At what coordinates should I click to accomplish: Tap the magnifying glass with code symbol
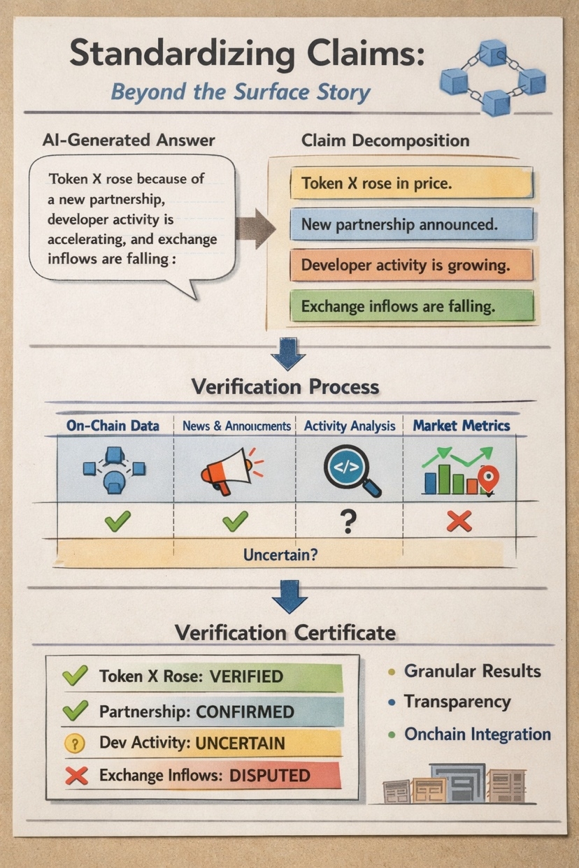(x=350, y=470)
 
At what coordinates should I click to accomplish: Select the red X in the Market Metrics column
(x=459, y=521)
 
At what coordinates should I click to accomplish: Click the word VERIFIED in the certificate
(x=246, y=677)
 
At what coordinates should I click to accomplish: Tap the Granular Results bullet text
(x=472, y=672)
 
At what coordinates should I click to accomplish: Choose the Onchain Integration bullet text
(x=478, y=735)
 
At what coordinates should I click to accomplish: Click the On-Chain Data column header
(x=113, y=425)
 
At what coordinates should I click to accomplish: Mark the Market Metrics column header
(x=462, y=425)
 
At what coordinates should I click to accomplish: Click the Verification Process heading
(x=285, y=386)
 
